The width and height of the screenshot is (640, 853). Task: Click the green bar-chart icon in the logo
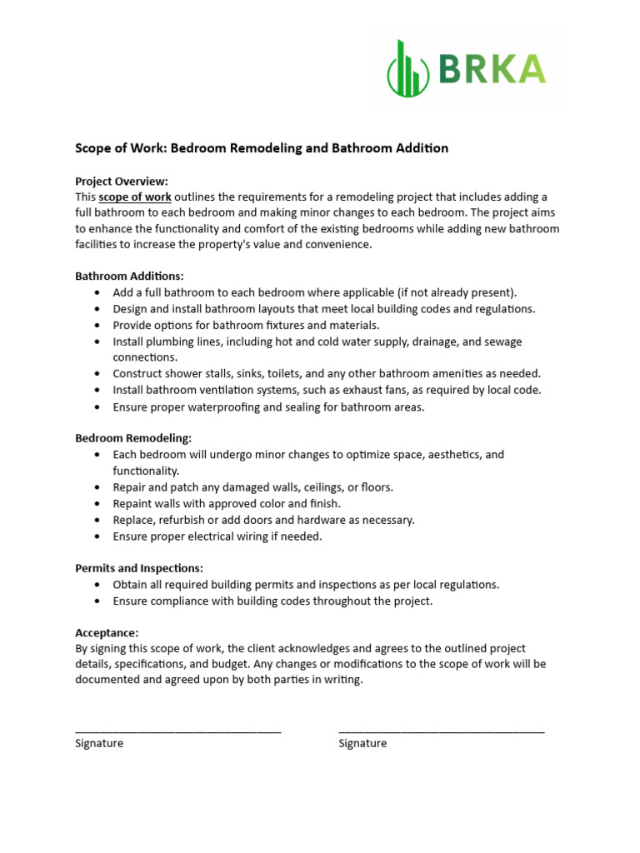[408, 67]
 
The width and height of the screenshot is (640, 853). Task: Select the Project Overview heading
[122, 181]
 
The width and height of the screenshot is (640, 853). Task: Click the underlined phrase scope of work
[135, 197]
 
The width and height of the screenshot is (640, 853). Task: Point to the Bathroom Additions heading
[129, 276]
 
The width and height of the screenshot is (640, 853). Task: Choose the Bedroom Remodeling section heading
[133, 438]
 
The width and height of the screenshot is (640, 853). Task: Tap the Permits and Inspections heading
[139, 568]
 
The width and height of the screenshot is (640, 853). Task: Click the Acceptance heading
[107, 633]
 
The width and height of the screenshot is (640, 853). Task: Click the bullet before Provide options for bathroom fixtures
[97, 326]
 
